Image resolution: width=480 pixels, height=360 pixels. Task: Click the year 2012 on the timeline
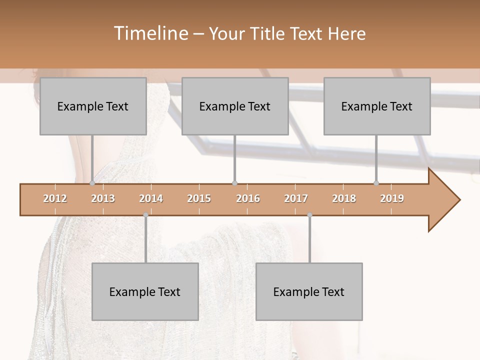click(x=55, y=198)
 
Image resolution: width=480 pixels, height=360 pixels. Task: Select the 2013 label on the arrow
click(x=103, y=198)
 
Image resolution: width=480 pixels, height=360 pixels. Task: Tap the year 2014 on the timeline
click(x=151, y=198)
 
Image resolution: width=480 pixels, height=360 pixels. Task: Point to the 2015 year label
click(x=199, y=198)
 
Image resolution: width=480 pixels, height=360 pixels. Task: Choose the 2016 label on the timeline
click(x=248, y=198)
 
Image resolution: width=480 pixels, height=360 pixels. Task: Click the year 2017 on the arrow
click(x=296, y=198)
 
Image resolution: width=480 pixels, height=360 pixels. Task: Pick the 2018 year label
click(x=344, y=198)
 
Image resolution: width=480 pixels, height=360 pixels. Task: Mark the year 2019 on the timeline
click(x=392, y=198)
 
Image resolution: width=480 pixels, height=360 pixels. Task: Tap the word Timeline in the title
click(x=150, y=33)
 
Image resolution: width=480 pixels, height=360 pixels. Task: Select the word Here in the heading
click(x=346, y=33)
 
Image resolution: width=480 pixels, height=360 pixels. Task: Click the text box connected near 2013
click(x=93, y=106)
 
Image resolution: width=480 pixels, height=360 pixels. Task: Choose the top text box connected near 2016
click(x=235, y=106)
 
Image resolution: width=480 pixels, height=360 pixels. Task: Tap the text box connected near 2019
click(x=377, y=106)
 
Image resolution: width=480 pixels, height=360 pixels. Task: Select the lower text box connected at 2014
click(x=145, y=291)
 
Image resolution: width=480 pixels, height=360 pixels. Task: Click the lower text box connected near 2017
click(x=309, y=291)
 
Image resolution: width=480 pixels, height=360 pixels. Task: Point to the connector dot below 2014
click(x=145, y=215)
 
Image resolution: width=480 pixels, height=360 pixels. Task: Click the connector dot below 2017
click(x=309, y=215)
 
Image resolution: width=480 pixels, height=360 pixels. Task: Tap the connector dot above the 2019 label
click(x=376, y=183)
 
